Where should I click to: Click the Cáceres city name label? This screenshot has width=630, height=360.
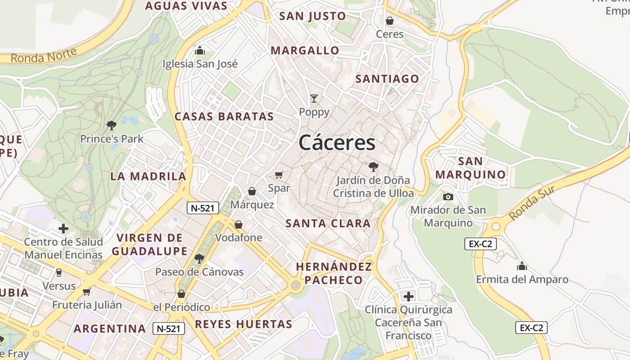point(337,143)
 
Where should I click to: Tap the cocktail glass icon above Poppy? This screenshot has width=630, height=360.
point(314,99)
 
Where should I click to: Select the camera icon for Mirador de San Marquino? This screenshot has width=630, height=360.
point(448,197)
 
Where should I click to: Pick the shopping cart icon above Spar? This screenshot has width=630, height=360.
point(279,175)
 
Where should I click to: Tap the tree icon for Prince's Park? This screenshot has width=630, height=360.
point(112,126)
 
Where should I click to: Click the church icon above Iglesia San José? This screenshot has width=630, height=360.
point(200,50)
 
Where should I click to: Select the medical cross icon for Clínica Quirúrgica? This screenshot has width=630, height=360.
point(409,297)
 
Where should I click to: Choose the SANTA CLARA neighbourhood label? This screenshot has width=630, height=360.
point(328,224)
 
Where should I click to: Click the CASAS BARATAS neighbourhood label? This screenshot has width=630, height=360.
point(224,117)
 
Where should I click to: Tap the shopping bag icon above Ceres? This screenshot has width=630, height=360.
point(390,21)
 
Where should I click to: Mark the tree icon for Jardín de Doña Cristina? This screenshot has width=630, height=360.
point(373,167)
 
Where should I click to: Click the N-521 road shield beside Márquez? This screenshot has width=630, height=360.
point(203,208)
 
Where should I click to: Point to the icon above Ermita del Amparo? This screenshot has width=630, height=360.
point(522,266)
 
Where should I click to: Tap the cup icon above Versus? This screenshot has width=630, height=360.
point(59,272)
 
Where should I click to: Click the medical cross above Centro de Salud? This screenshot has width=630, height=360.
point(63,229)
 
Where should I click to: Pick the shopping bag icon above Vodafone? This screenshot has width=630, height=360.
point(238,224)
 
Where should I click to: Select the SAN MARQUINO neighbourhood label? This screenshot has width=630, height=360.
point(471,168)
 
